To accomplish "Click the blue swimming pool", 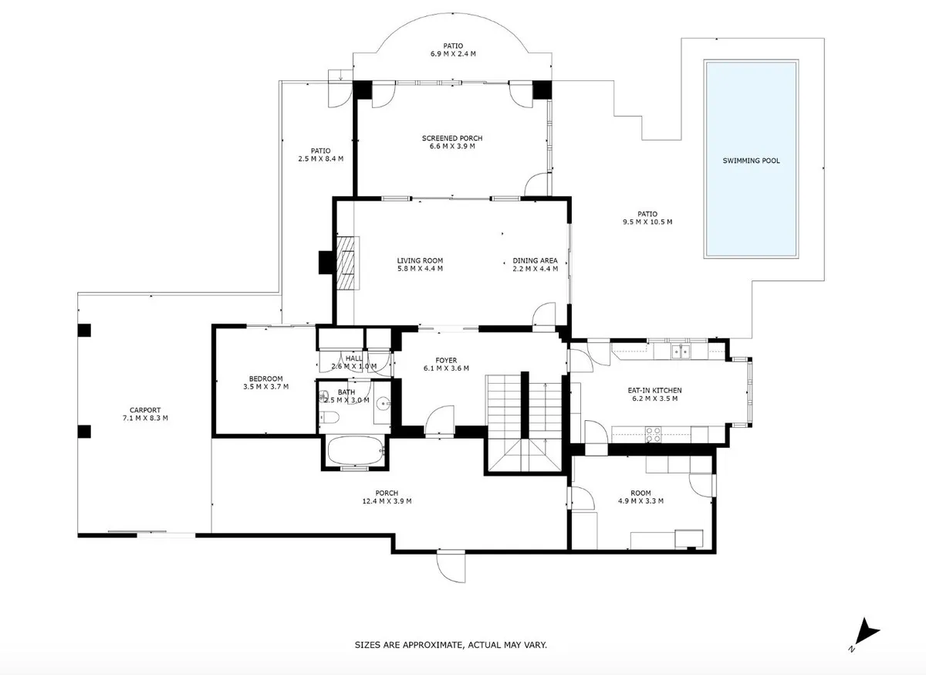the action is tap(751, 159).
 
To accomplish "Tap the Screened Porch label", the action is tap(452, 138).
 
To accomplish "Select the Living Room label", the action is tap(420, 261).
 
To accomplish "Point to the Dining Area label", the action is tap(536, 261).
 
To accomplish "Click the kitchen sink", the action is tap(680, 351).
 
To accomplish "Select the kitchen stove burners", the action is tap(653, 435).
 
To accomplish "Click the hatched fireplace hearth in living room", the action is tap(346, 263).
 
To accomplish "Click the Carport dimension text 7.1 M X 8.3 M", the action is tap(145, 418).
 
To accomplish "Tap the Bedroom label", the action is tap(265, 378).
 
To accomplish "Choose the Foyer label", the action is tap(446, 361).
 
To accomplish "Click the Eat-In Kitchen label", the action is tap(655, 390).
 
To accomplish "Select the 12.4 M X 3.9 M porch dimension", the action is tap(387, 501).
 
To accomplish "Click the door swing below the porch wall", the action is tap(451, 566).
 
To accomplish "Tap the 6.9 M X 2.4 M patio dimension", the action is tap(453, 54).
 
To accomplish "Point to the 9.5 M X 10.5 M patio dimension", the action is tap(647, 222).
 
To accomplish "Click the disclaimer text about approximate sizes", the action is tap(451, 645).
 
